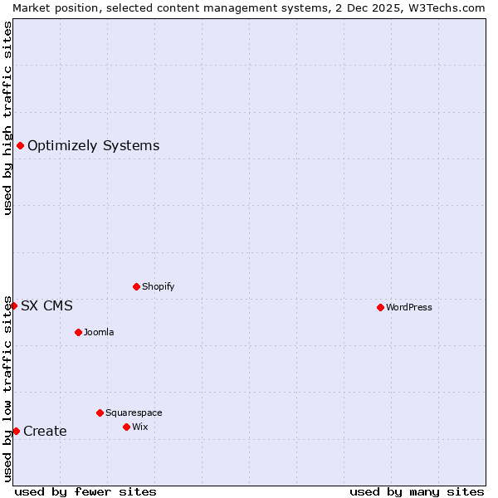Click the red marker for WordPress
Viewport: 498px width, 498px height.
point(380,307)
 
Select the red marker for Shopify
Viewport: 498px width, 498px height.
point(136,286)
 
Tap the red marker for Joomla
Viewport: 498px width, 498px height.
point(78,332)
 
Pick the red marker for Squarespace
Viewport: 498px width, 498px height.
point(100,413)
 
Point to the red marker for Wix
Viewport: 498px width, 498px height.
point(126,427)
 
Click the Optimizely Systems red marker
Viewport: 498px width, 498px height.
point(20,146)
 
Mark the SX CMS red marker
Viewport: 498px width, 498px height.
point(13,305)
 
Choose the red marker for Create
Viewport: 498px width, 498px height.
point(16,431)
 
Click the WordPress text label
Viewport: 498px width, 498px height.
point(409,307)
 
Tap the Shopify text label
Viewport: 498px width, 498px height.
point(159,286)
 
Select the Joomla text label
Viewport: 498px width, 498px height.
point(99,332)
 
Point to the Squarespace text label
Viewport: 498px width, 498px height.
point(134,413)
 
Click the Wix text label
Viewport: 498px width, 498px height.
point(140,427)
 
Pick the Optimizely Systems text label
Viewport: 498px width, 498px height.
point(93,146)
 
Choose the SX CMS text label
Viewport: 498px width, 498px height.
point(46,305)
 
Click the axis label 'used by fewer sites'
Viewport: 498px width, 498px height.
point(85,491)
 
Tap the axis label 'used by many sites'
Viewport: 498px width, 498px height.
point(417,491)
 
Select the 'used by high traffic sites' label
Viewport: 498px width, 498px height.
point(7,118)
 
